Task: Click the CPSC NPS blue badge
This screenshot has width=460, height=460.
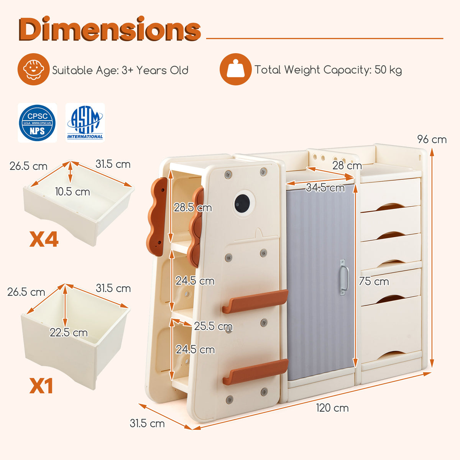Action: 38,123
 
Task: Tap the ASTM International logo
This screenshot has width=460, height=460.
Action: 85,123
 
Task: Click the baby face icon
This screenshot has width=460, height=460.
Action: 33,69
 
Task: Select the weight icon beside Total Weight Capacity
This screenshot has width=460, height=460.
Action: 236,69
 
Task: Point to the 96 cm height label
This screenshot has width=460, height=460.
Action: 432,140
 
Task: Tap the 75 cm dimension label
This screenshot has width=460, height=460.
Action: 374,281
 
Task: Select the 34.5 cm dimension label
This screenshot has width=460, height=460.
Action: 325,188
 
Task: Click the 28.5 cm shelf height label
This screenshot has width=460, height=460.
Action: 193,208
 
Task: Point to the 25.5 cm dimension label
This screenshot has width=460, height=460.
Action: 213,326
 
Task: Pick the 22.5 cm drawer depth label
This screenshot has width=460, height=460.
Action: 69,332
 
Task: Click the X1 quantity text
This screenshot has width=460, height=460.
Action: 41,386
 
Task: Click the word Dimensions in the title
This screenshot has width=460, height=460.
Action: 110,29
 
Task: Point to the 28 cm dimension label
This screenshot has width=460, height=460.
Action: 347,166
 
